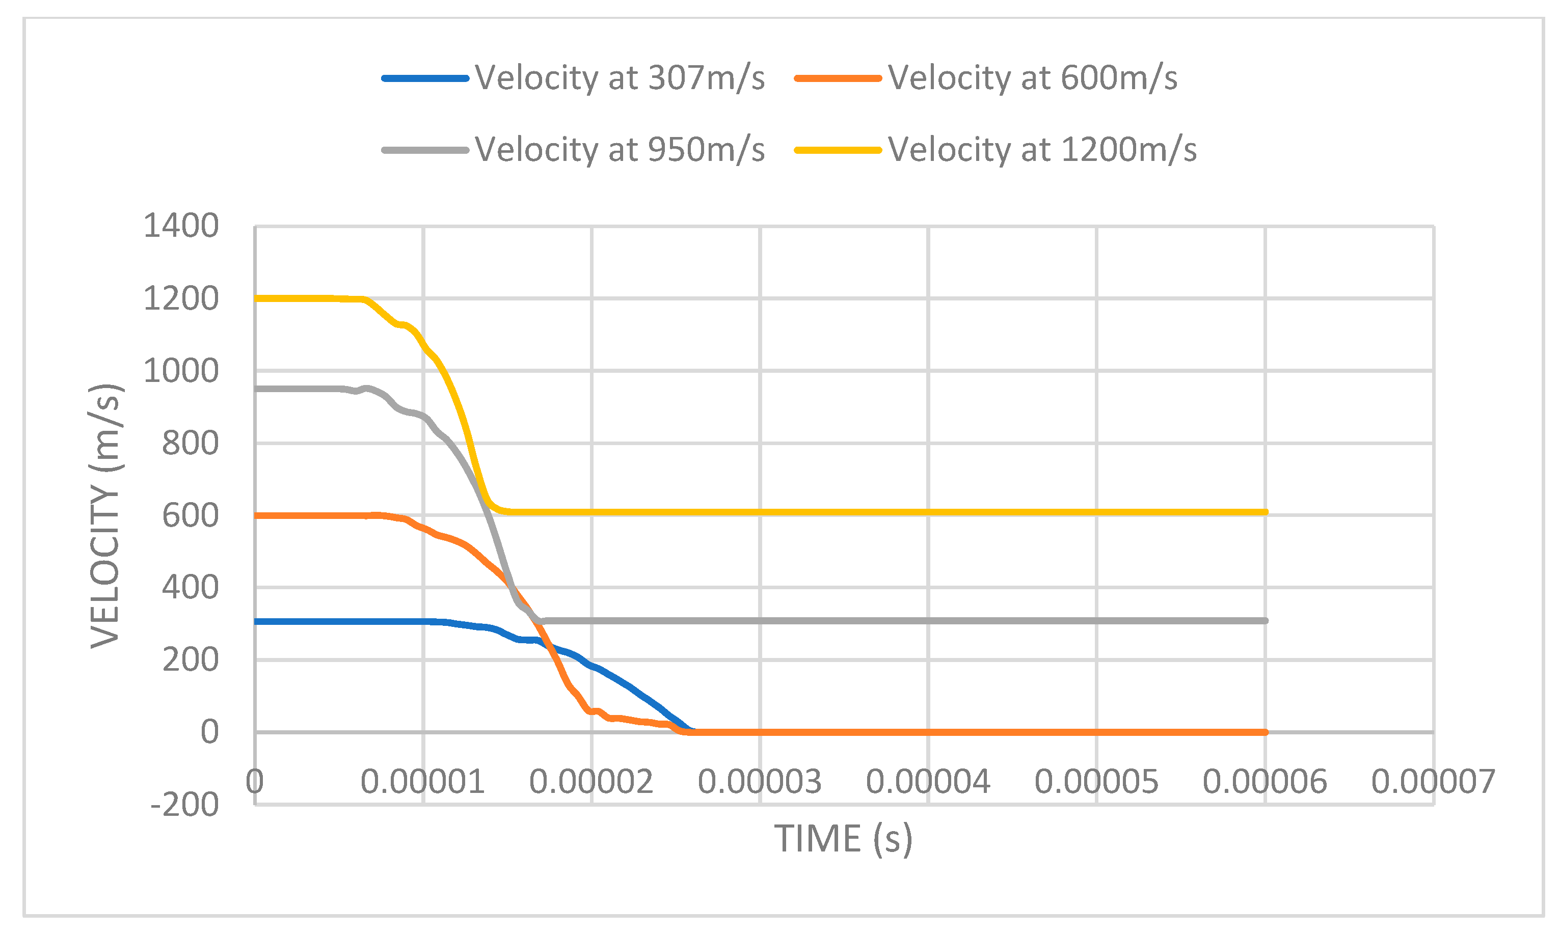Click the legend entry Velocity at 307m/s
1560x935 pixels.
[x=620, y=78]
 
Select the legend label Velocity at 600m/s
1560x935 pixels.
[x=1032, y=78]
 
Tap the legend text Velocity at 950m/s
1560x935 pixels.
[x=620, y=150]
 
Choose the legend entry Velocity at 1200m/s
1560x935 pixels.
[x=1042, y=150]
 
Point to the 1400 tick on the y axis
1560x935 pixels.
[x=181, y=226]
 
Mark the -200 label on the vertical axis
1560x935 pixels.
[x=184, y=805]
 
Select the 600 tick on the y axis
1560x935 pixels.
[x=190, y=515]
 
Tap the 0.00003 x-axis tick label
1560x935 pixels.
[x=760, y=782]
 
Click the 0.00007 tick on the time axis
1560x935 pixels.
[x=1433, y=782]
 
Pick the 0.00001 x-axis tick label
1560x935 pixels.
[x=423, y=782]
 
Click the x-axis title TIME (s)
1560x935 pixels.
[x=843, y=839]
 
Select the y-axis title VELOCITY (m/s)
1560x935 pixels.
[x=105, y=515]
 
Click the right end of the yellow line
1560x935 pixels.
[x=1265, y=512]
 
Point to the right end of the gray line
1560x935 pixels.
[x=1265, y=621]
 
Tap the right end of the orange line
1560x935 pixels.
[x=1265, y=732]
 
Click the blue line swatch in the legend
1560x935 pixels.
[x=425, y=78]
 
